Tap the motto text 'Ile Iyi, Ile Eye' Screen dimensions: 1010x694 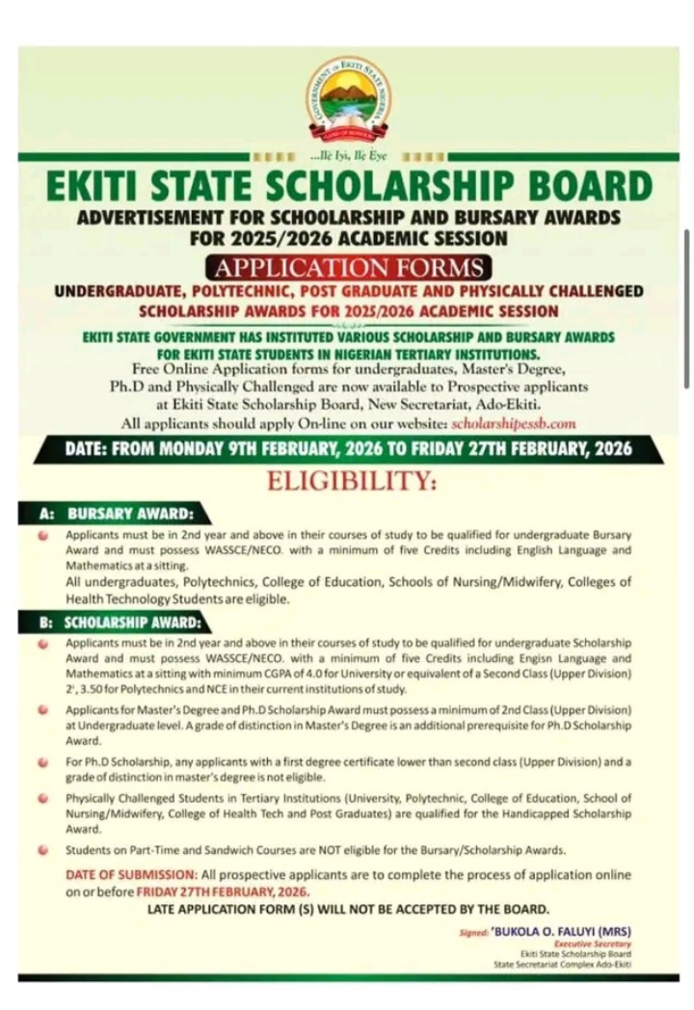click(347, 155)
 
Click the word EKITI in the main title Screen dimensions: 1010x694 click(105, 186)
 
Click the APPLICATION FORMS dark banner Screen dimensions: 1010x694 click(348, 267)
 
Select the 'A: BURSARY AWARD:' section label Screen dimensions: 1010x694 click(117, 515)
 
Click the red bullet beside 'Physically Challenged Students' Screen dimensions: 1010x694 click(44, 798)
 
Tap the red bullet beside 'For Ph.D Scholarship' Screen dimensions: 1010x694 click(44, 761)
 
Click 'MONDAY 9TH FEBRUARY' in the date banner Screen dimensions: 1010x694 click(249, 449)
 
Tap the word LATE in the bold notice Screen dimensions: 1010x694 click(167, 909)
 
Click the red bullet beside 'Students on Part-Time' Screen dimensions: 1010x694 click(44, 850)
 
